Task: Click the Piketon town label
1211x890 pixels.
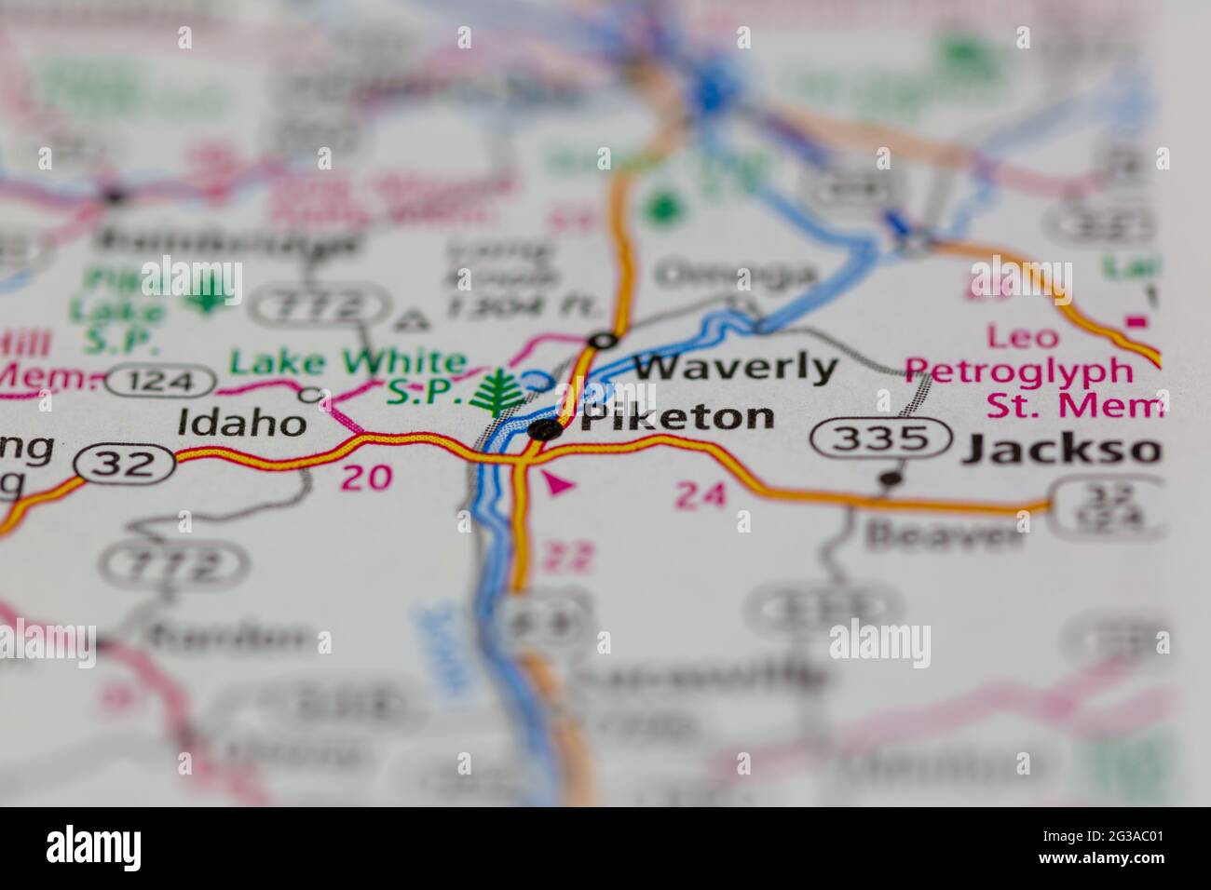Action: coord(678,416)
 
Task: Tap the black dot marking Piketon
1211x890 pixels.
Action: coord(545,429)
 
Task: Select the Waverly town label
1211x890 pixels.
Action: coord(736,367)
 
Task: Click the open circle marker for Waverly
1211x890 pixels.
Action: coord(604,341)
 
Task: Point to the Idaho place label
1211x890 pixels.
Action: coord(241,424)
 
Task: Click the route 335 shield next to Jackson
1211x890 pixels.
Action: coord(881,437)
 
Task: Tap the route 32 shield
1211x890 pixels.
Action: coord(126,464)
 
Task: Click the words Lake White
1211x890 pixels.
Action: coord(347,362)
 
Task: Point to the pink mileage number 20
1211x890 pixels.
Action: coord(365,478)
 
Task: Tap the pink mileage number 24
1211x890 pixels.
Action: coord(701,495)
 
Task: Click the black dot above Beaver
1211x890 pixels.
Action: coord(891,479)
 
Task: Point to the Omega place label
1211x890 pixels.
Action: coord(735,275)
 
